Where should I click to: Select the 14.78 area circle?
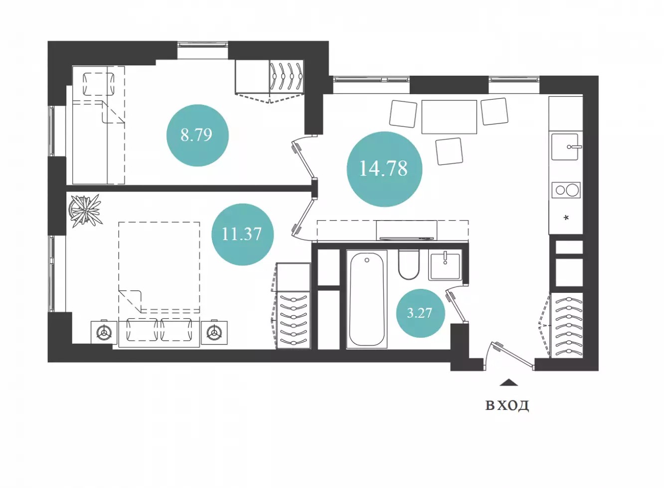(x=384, y=169)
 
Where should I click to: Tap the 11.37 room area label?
(x=242, y=234)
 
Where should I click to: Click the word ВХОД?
(x=507, y=405)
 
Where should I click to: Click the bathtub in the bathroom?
(x=367, y=299)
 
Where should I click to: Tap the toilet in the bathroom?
(x=409, y=265)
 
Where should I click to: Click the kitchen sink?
(x=565, y=147)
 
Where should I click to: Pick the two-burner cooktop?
(x=566, y=190)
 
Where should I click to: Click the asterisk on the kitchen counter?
(x=566, y=218)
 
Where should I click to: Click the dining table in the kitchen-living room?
(x=449, y=117)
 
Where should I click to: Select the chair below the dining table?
(x=449, y=151)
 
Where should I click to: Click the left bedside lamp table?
(x=104, y=333)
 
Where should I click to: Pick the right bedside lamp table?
(x=214, y=333)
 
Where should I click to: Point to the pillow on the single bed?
(x=98, y=84)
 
